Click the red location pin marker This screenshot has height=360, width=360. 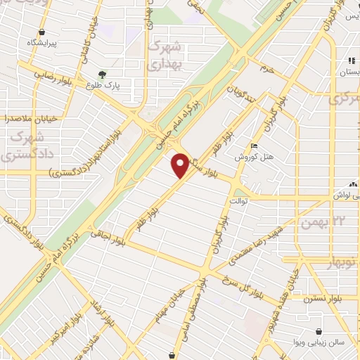point(181,165)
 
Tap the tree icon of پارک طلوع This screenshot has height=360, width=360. point(103,75)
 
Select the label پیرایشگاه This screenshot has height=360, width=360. point(45,42)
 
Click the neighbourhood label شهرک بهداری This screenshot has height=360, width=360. point(167,55)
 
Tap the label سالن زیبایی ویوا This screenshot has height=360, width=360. point(320,345)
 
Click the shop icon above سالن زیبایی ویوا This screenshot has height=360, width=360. point(320,331)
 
